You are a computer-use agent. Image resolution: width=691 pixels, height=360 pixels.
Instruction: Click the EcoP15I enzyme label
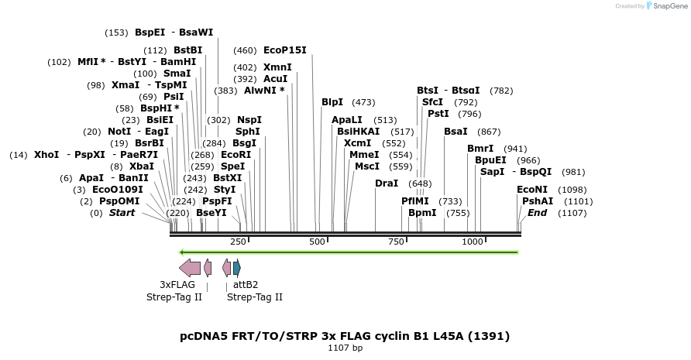285,50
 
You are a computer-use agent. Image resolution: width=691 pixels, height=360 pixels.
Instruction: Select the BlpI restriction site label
332,102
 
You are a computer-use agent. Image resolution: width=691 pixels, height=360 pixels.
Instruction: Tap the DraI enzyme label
387,183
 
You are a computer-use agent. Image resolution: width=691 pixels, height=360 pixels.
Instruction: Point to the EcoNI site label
532,190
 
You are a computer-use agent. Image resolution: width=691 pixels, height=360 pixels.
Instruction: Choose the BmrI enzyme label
480,149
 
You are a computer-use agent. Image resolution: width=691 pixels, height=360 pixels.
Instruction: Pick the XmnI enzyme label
277,67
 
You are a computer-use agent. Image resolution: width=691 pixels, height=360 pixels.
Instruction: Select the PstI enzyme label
438,114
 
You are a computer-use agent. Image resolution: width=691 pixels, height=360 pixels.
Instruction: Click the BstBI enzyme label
187,50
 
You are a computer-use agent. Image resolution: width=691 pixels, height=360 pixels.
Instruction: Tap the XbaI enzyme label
142,166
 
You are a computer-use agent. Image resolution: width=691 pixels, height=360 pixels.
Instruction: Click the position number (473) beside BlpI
363,102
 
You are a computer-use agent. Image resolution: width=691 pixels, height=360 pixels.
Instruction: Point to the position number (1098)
572,190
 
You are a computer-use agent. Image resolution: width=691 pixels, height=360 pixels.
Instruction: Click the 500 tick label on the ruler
317,242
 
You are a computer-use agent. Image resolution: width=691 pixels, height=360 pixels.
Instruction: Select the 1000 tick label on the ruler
473,242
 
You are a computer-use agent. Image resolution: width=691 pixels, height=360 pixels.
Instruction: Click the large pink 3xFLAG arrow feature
190,268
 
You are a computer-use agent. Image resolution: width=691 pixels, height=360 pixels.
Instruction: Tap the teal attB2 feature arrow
237,268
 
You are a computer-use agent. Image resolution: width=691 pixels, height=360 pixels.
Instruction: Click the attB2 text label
246,285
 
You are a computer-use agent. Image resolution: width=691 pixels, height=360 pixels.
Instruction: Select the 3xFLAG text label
177,285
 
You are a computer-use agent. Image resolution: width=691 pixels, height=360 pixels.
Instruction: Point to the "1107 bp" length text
345,348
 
